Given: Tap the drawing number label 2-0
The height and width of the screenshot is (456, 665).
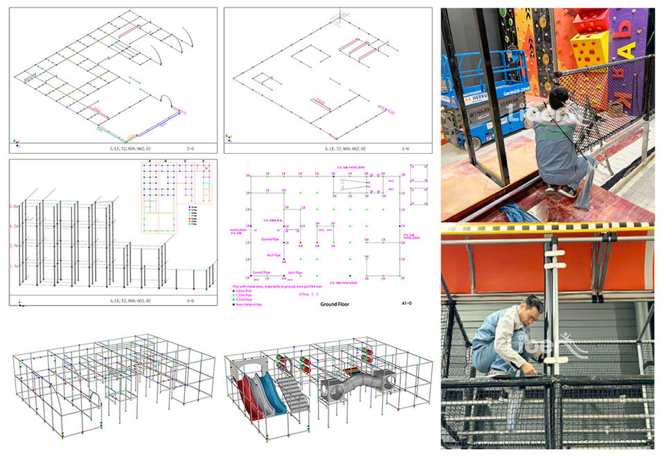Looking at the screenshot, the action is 190,148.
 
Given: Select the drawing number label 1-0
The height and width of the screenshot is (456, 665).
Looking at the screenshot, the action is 406,148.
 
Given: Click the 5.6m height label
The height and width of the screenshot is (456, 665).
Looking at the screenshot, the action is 14,207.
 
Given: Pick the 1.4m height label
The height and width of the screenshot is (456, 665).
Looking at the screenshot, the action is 14,266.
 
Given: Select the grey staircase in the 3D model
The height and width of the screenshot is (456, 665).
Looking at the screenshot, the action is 294,393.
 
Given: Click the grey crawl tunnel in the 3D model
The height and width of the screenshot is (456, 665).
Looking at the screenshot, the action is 357,380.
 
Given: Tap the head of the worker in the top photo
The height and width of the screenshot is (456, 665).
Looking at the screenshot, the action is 559,97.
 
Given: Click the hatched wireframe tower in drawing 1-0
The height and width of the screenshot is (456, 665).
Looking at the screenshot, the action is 339,17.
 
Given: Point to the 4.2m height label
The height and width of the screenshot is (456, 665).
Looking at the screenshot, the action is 14,226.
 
